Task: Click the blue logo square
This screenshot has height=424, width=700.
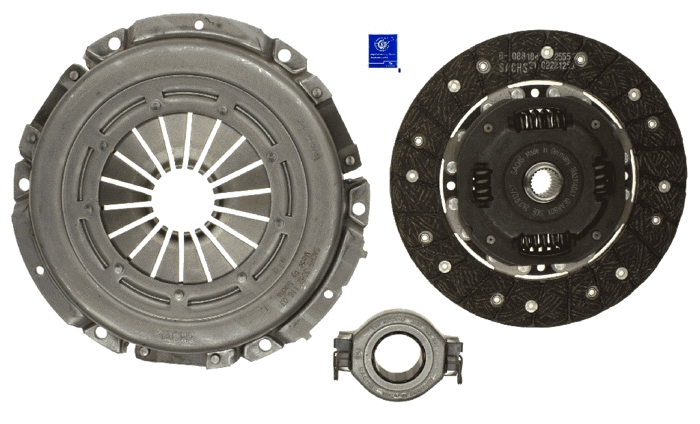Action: point(383,51)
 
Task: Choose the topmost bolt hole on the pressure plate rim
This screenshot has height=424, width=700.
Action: point(199,25)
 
